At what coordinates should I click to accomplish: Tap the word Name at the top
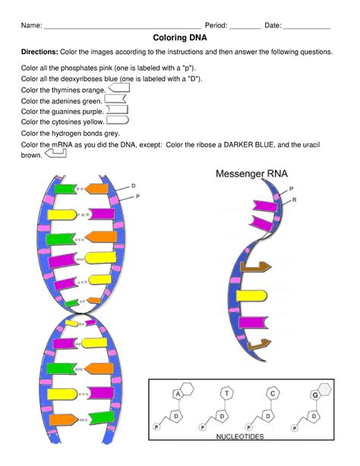(x=31, y=25)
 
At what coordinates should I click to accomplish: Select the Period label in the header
(x=216, y=25)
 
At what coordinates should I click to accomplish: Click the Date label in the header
(x=273, y=25)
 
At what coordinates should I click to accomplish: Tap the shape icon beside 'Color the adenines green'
(x=114, y=100)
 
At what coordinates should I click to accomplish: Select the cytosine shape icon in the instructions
(x=118, y=120)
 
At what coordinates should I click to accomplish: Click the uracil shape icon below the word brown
(x=56, y=154)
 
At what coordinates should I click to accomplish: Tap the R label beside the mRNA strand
(x=294, y=199)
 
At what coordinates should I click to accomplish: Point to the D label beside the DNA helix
(x=134, y=185)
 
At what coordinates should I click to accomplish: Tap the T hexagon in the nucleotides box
(x=227, y=393)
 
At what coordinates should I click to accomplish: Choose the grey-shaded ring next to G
(x=325, y=389)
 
